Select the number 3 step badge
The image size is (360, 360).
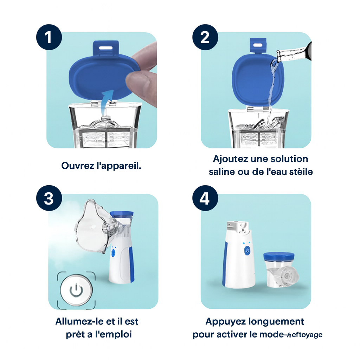pyautogui.click(x=49, y=199)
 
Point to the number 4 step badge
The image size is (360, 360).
pyautogui.click(x=205, y=199)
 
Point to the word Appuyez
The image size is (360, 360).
pyautogui.click(x=225, y=321)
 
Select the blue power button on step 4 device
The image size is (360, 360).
pyautogui.click(x=247, y=250)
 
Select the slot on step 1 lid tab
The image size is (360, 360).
pyautogui.click(x=105, y=46)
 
